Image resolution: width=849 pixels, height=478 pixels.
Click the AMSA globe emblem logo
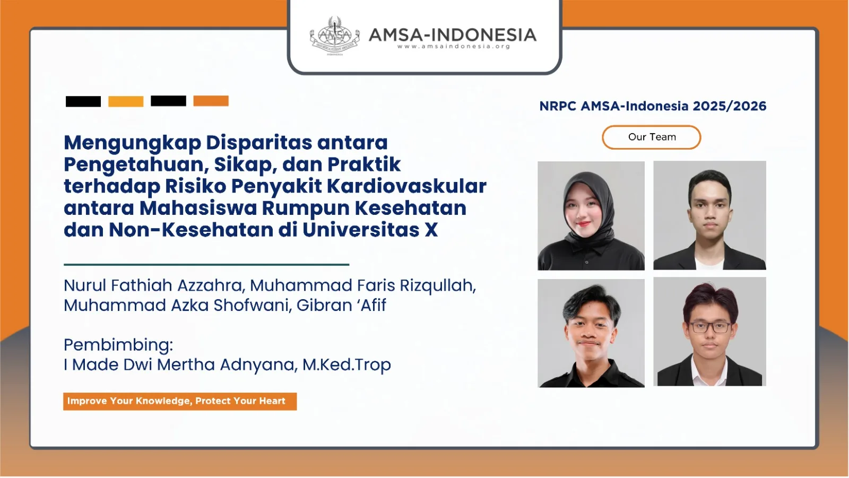tap(335, 36)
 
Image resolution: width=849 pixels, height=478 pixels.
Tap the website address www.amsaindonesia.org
tap(454, 47)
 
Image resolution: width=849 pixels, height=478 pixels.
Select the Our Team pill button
tap(652, 137)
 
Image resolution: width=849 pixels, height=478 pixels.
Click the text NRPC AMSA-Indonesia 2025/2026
tap(653, 106)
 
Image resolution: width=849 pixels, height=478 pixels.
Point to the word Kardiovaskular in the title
tap(406, 186)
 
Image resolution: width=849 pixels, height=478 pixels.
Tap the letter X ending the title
tap(431, 230)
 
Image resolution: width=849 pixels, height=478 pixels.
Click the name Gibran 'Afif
tap(341, 305)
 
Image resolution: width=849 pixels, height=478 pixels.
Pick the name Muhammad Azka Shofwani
tap(177, 306)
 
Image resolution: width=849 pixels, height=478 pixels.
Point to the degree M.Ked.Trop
tap(346, 364)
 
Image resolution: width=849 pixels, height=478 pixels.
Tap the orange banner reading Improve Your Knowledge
tap(180, 402)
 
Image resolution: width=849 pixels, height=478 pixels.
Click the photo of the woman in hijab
tap(591, 216)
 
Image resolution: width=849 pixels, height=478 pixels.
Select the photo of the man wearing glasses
tap(709, 332)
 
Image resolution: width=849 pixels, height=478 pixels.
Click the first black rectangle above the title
tap(83, 101)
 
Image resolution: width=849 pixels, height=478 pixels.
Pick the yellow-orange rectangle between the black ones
tap(126, 101)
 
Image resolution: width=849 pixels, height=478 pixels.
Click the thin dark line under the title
tap(206, 265)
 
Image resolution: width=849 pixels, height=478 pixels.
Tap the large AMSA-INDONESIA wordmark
tap(453, 35)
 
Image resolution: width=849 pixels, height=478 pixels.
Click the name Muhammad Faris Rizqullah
tap(363, 286)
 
